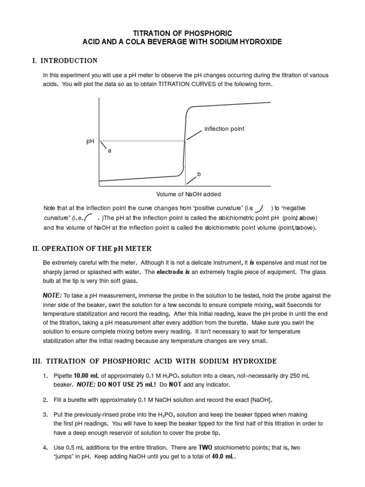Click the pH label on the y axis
(x=90, y=141)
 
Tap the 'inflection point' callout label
(x=224, y=129)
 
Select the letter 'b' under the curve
(x=199, y=175)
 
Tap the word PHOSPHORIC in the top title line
(x=206, y=33)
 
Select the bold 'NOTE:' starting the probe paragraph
(x=52, y=296)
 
